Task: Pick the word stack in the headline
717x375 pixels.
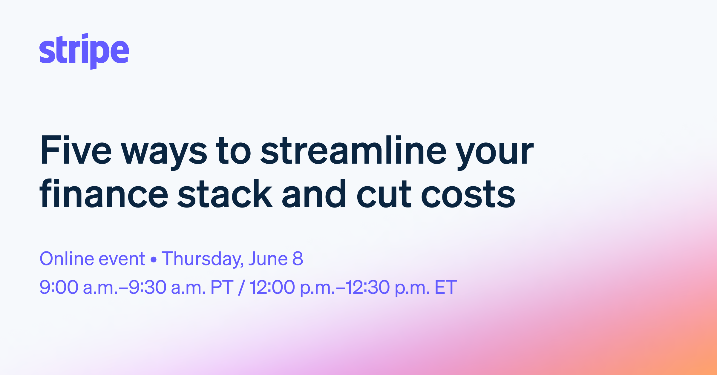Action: pos(225,194)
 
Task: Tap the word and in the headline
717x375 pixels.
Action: pos(314,194)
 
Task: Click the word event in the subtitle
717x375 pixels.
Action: pos(122,259)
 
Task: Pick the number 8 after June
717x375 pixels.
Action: pos(298,259)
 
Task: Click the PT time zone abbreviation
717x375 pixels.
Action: pos(222,287)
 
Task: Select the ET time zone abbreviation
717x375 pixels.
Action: pos(445,287)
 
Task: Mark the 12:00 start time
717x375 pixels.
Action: pos(272,287)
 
